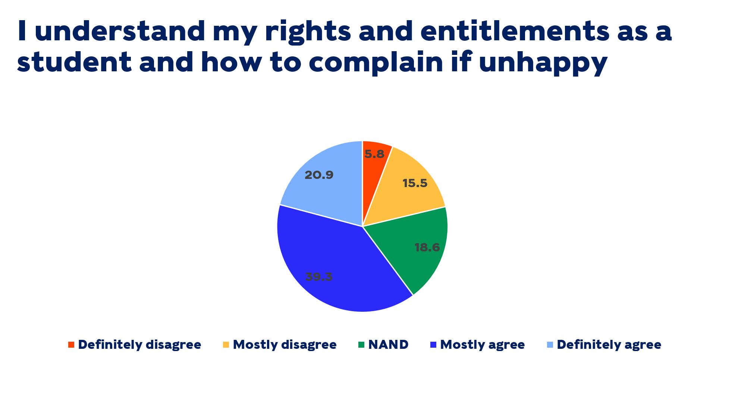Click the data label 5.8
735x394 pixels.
click(374, 154)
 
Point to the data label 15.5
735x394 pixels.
click(415, 183)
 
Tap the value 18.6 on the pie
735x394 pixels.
click(427, 248)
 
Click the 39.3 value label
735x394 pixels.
click(319, 277)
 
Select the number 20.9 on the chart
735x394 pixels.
click(319, 175)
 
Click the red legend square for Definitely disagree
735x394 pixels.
click(71, 345)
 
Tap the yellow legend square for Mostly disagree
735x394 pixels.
click(226, 345)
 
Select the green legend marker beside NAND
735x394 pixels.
click(361, 345)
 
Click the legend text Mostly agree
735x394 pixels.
click(482, 345)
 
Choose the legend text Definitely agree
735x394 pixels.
click(609, 345)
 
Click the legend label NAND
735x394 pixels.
click(388, 345)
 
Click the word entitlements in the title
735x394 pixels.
click(515, 31)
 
